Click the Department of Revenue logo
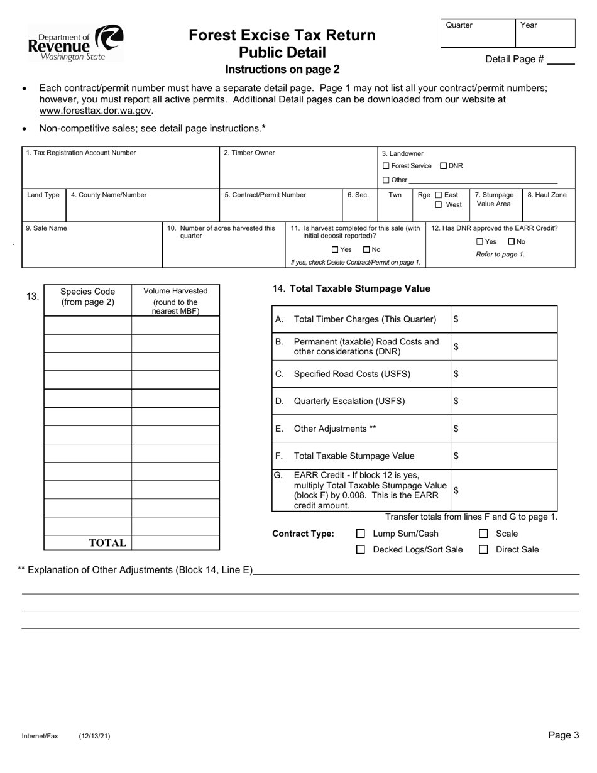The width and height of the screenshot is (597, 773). coord(75,42)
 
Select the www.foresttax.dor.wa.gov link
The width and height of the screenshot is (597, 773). coord(96,111)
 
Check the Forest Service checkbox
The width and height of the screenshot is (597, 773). coord(386,166)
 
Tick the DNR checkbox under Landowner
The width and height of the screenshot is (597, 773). coord(444,166)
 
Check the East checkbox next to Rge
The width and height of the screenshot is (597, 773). coord(439,195)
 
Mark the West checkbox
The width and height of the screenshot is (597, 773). coord(439,205)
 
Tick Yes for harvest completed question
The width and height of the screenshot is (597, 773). coord(335,249)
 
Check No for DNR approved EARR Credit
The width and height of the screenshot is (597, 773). coord(512,241)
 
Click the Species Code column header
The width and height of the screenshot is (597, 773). coord(87,296)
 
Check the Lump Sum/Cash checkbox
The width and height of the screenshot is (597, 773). coord(361,534)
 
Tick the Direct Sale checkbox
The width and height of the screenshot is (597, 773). coord(484,549)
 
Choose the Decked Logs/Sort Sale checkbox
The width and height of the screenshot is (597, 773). coord(361,549)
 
